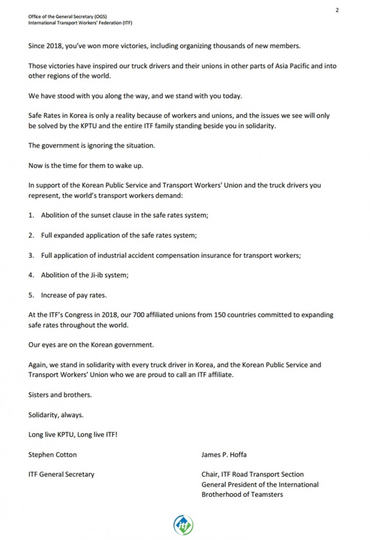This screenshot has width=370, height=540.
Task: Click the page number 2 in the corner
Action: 337,10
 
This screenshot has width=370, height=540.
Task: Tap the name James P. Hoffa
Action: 223,454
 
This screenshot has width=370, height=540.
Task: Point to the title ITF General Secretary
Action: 61,474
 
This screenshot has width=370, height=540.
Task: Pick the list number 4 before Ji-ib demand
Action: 31,275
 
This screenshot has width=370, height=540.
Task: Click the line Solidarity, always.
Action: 56,415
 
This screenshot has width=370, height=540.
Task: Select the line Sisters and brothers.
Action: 60,395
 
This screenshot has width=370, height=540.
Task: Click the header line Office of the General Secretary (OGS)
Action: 67,16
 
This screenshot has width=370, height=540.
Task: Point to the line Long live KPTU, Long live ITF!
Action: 73,434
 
